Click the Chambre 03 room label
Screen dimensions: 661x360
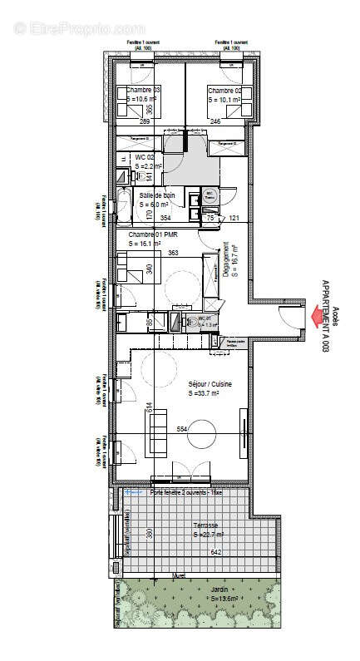click(137, 90)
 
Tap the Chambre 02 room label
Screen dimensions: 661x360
click(224, 90)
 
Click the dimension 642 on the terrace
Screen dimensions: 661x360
click(219, 551)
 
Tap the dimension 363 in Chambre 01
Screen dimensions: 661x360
click(173, 253)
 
